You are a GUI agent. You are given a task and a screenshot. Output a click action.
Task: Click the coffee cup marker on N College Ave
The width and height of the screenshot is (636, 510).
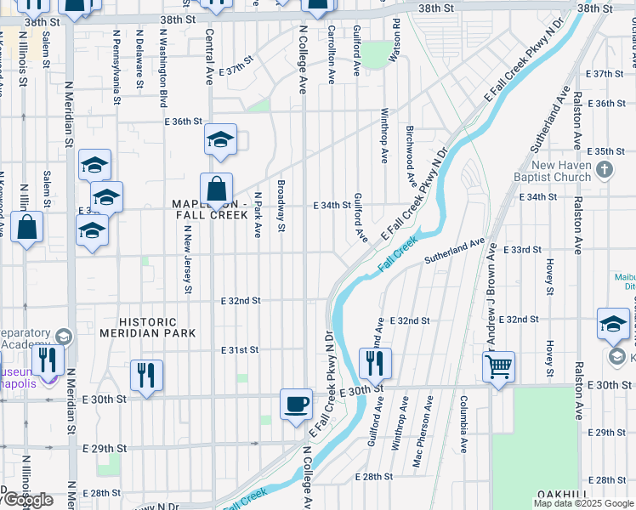coord(296,404)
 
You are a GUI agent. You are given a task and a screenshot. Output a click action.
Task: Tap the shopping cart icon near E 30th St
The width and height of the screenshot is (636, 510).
coord(499,367)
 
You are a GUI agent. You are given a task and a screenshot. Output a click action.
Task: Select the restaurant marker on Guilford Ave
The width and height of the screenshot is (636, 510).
coord(375,363)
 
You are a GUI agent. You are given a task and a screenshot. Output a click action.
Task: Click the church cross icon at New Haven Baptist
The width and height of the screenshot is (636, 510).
coord(605,169)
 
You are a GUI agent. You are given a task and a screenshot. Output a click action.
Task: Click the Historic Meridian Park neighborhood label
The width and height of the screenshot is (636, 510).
coord(148,328)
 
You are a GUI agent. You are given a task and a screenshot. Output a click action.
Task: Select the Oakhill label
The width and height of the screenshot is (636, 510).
coord(563,496)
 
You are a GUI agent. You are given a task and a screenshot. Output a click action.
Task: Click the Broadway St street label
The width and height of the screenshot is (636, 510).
coord(280,205)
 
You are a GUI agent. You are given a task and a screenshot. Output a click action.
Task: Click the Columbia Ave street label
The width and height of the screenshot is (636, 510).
coord(464,422)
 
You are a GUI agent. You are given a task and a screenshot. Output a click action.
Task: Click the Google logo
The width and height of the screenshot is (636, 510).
coord(28,500)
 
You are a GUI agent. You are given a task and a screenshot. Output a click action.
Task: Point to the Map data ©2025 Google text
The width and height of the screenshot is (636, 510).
coord(583,503)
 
